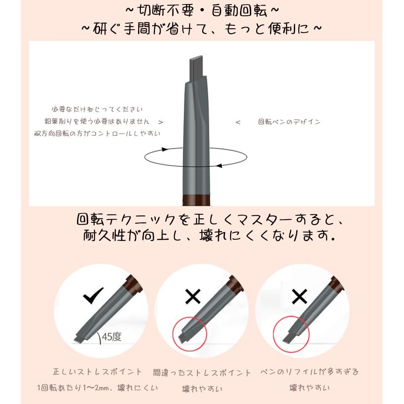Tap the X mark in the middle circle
click(x=193, y=296)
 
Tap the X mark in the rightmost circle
click(x=299, y=296)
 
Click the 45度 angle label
click(x=111, y=337)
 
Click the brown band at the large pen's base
click(x=196, y=200)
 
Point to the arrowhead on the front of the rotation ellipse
click(x=219, y=165)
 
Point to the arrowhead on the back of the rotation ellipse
click(x=165, y=149)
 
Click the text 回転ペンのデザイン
click(x=289, y=122)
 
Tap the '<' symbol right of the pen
click(x=238, y=122)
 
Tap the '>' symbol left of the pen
click(x=161, y=122)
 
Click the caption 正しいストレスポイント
click(x=97, y=372)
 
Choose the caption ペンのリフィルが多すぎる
click(x=310, y=372)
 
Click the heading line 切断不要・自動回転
click(x=202, y=11)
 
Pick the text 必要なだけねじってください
click(x=97, y=109)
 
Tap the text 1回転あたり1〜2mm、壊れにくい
click(x=97, y=387)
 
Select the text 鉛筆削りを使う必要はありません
click(x=97, y=121)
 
